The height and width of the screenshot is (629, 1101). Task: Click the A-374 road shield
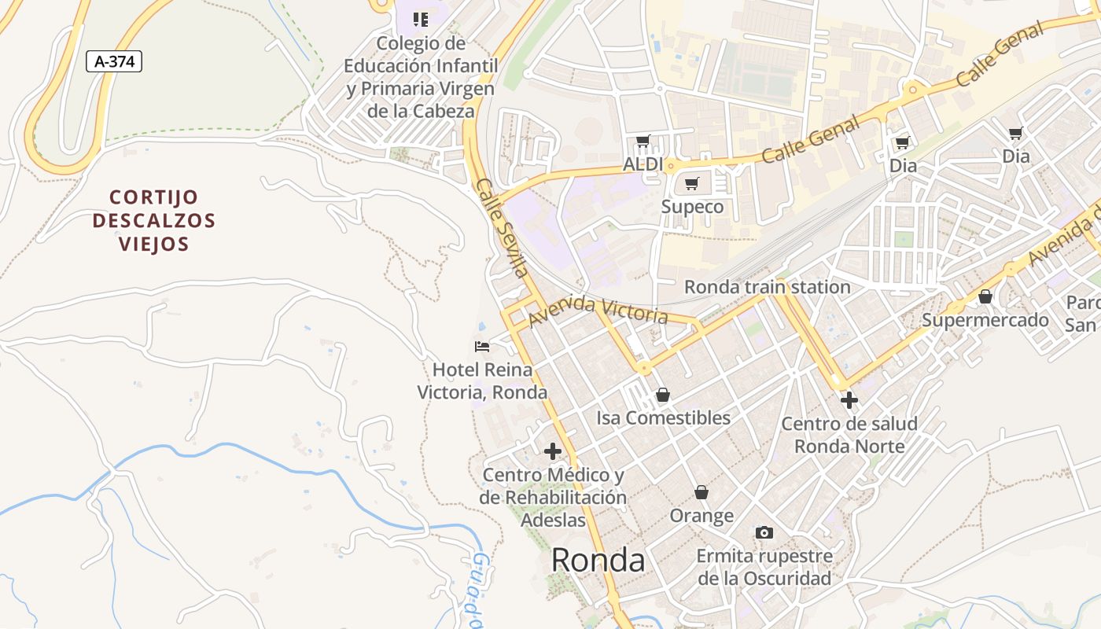(x=114, y=61)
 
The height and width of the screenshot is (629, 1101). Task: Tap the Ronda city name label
(x=598, y=560)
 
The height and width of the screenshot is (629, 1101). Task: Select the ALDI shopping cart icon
(x=643, y=142)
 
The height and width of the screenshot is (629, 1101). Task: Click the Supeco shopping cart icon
(x=692, y=184)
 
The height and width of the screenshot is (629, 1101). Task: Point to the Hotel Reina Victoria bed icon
(x=482, y=346)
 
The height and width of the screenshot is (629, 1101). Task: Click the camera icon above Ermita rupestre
(x=764, y=533)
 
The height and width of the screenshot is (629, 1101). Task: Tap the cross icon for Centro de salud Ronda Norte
(x=849, y=400)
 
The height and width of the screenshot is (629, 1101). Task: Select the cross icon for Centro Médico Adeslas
(x=553, y=451)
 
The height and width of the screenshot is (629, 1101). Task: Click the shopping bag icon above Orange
(x=701, y=493)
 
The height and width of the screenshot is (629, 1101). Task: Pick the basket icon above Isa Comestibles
(x=663, y=395)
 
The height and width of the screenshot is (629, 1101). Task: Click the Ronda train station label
(x=767, y=287)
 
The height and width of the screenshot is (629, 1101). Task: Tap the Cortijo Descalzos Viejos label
(x=154, y=220)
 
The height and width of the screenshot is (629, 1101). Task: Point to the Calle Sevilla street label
(x=500, y=228)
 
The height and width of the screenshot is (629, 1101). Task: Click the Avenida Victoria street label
(x=598, y=311)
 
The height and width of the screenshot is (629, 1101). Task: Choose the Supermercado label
(x=985, y=320)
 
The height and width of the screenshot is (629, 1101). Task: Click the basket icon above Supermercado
(x=985, y=297)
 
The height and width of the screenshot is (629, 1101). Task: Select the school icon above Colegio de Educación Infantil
(x=421, y=20)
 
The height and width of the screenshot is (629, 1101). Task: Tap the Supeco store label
(x=692, y=207)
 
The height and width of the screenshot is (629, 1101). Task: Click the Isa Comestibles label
(x=663, y=417)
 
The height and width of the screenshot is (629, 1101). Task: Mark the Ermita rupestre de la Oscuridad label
(x=764, y=567)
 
